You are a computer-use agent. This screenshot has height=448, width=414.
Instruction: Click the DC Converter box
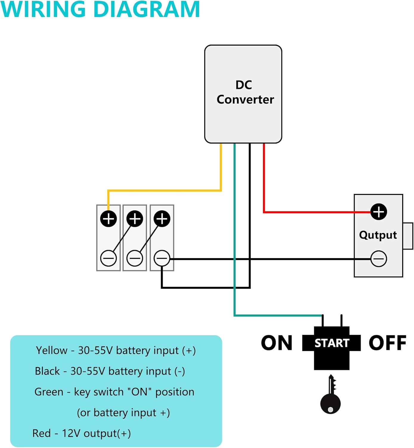tap(243, 94)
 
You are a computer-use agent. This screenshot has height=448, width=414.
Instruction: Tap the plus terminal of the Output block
tap(379, 212)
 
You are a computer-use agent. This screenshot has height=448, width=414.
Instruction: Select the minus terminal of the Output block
tap(379, 259)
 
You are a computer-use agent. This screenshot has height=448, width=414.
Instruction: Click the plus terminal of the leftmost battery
tap(108, 219)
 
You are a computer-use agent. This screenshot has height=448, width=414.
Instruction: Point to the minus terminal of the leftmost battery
tap(108, 258)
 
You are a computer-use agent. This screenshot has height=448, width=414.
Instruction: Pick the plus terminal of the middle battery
tap(135, 219)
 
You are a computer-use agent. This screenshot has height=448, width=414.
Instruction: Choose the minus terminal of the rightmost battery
tap(162, 258)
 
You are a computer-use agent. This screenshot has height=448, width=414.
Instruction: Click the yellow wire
tap(164, 190)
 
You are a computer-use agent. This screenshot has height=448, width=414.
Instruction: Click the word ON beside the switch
tap(277, 343)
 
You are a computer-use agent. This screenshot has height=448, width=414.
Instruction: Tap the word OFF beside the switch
tap(387, 343)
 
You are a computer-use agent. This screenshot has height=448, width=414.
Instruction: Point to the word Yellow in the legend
tap(52, 350)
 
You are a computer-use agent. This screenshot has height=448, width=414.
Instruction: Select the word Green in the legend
tap(49, 392)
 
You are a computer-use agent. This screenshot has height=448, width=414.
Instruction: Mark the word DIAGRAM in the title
tap(147, 10)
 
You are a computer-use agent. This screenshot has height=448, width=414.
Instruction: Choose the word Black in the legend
tap(47, 371)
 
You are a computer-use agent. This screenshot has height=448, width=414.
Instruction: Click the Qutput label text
tap(378, 235)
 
